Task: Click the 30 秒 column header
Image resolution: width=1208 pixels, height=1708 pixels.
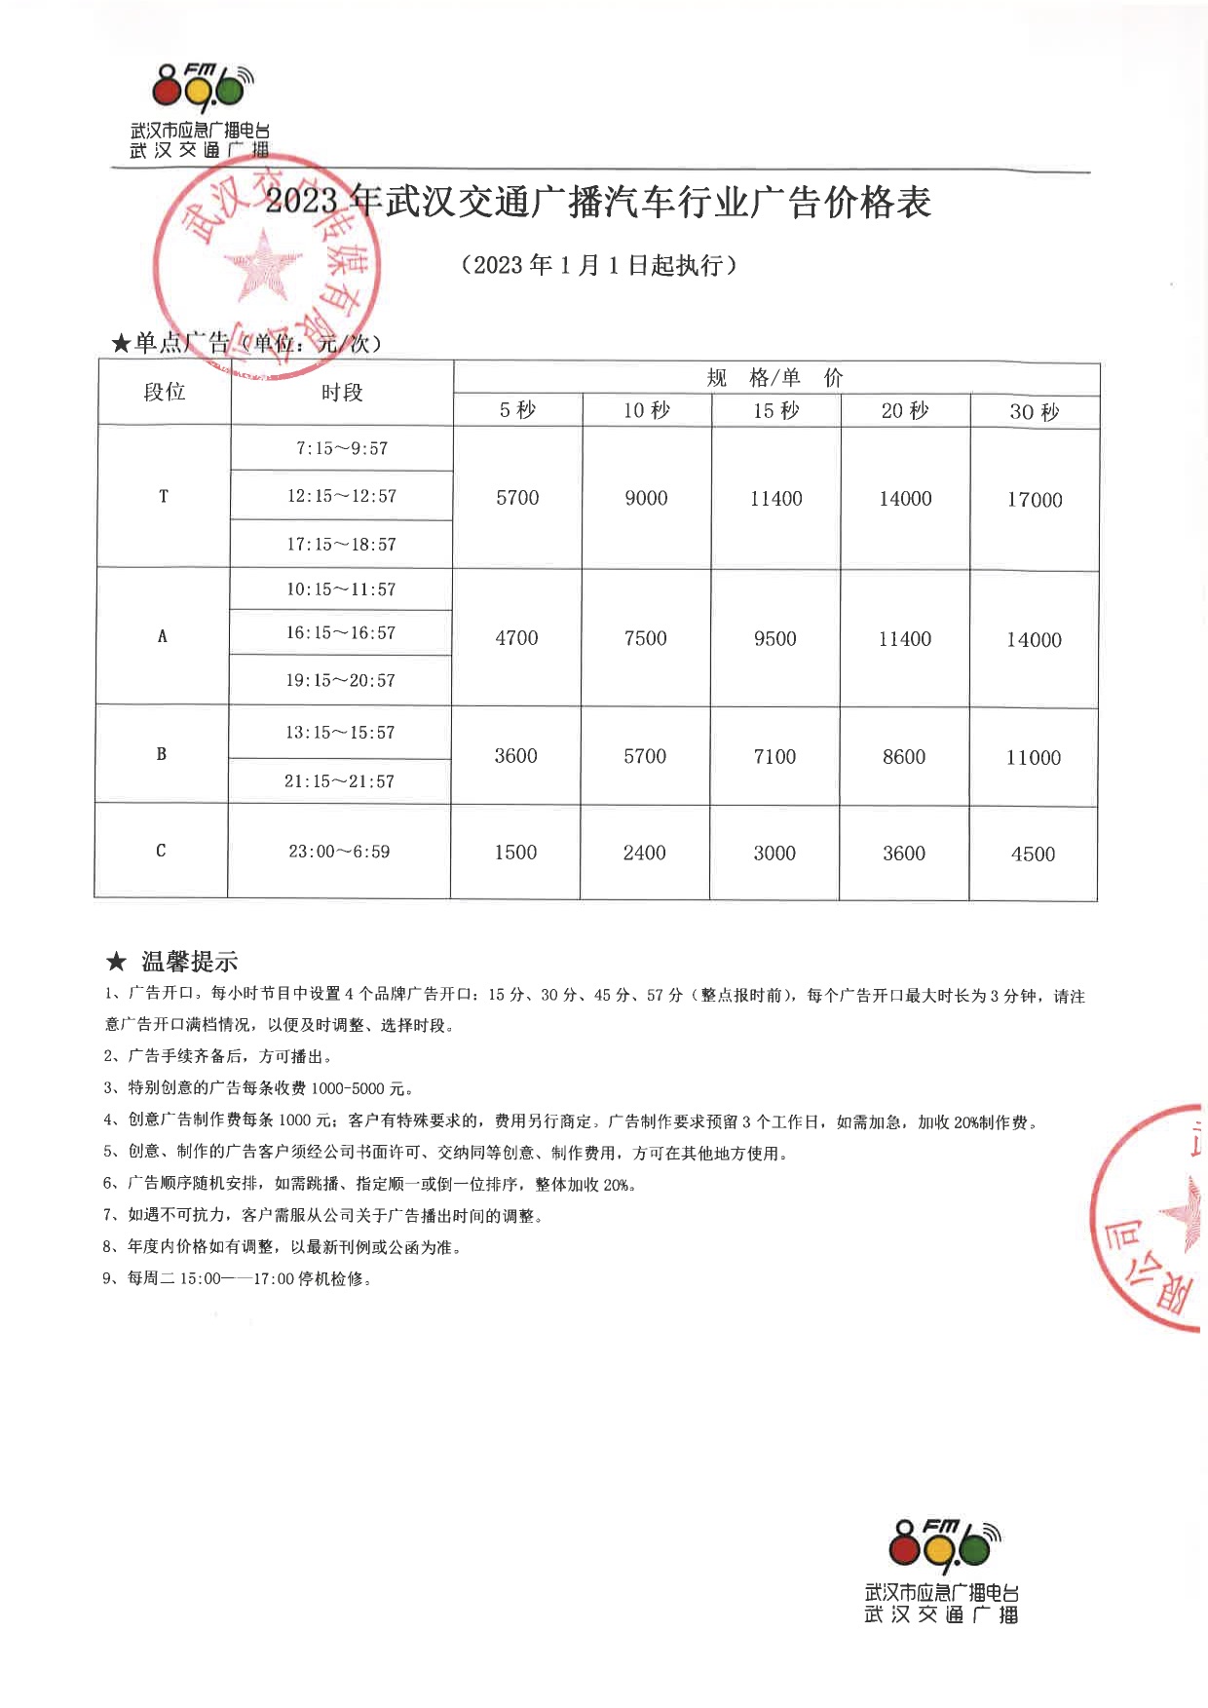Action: (x=1034, y=412)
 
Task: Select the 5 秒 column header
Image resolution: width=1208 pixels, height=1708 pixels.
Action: (x=517, y=410)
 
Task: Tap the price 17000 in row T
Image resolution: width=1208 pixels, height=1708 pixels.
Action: (x=1034, y=500)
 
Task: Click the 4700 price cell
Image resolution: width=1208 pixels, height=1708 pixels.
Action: (x=516, y=638)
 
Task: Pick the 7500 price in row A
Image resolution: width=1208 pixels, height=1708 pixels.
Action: (x=645, y=639)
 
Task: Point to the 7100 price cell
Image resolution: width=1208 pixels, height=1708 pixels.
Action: (x=774, y=757)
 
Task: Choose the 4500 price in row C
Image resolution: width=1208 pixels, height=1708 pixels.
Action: (x=1033, y=854)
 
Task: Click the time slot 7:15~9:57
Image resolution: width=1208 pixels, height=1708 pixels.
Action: (x=342, y=448)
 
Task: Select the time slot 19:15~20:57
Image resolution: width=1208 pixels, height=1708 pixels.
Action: (x=340, y=680)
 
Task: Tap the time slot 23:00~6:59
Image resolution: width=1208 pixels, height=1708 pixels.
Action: (x=339, y=852)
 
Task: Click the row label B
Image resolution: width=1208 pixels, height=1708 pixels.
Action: (x=162, y=754)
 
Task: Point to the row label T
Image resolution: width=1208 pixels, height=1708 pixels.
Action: (x=164, y=497)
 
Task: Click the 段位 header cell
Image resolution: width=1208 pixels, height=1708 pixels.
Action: (x=164, y=392)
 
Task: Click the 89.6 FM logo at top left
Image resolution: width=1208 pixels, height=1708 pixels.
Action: (x=201, y=89)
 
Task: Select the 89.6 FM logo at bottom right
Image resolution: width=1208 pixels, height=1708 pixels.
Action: (x=939, y=1547)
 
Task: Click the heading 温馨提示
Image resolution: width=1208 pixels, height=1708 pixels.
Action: (x=189, y=962)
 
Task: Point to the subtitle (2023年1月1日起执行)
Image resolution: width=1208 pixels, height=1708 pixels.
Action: (x=598, y=265)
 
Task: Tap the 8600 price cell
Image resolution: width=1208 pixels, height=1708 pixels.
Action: (x=903, y=757)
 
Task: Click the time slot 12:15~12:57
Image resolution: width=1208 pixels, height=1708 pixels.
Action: (x=341, y=496)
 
